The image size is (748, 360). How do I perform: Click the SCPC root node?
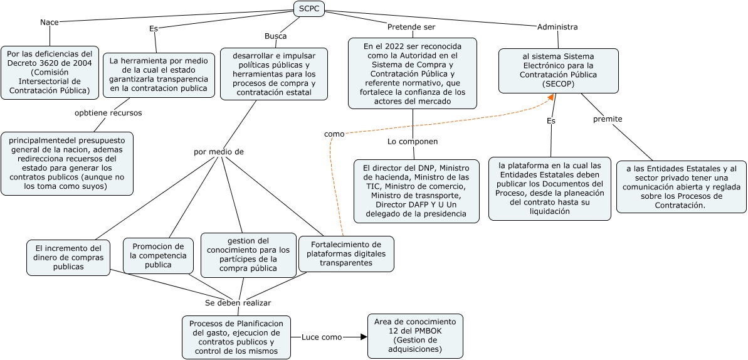click(x=309, y=9)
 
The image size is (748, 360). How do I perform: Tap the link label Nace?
click(x=49, y=23)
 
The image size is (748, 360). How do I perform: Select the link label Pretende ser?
click(x=411, y=27)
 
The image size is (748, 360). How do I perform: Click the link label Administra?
click(x=557, y=27)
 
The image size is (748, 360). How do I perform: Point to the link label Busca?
click(x=275, y=36)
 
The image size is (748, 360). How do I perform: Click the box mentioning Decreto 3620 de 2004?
click(x=50, y=72)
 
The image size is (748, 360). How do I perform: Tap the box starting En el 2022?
click(x=412, y=73)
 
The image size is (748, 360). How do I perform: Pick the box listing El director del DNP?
click(x=413, y=191)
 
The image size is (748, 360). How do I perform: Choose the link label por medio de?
click(x=218, y=152)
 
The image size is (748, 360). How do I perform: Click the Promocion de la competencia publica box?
click(x=158, y=255)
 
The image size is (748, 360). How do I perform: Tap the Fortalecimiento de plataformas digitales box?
click(x=346, y=253)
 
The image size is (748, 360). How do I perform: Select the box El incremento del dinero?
click(x=68, y=257)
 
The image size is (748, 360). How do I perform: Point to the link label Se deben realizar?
click(x=238, y=302)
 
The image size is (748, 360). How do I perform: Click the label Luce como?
click(x=322, y=337)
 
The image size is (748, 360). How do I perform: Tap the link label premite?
click(x=608, y=119)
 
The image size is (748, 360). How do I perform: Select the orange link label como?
click(x=334, y=134)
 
